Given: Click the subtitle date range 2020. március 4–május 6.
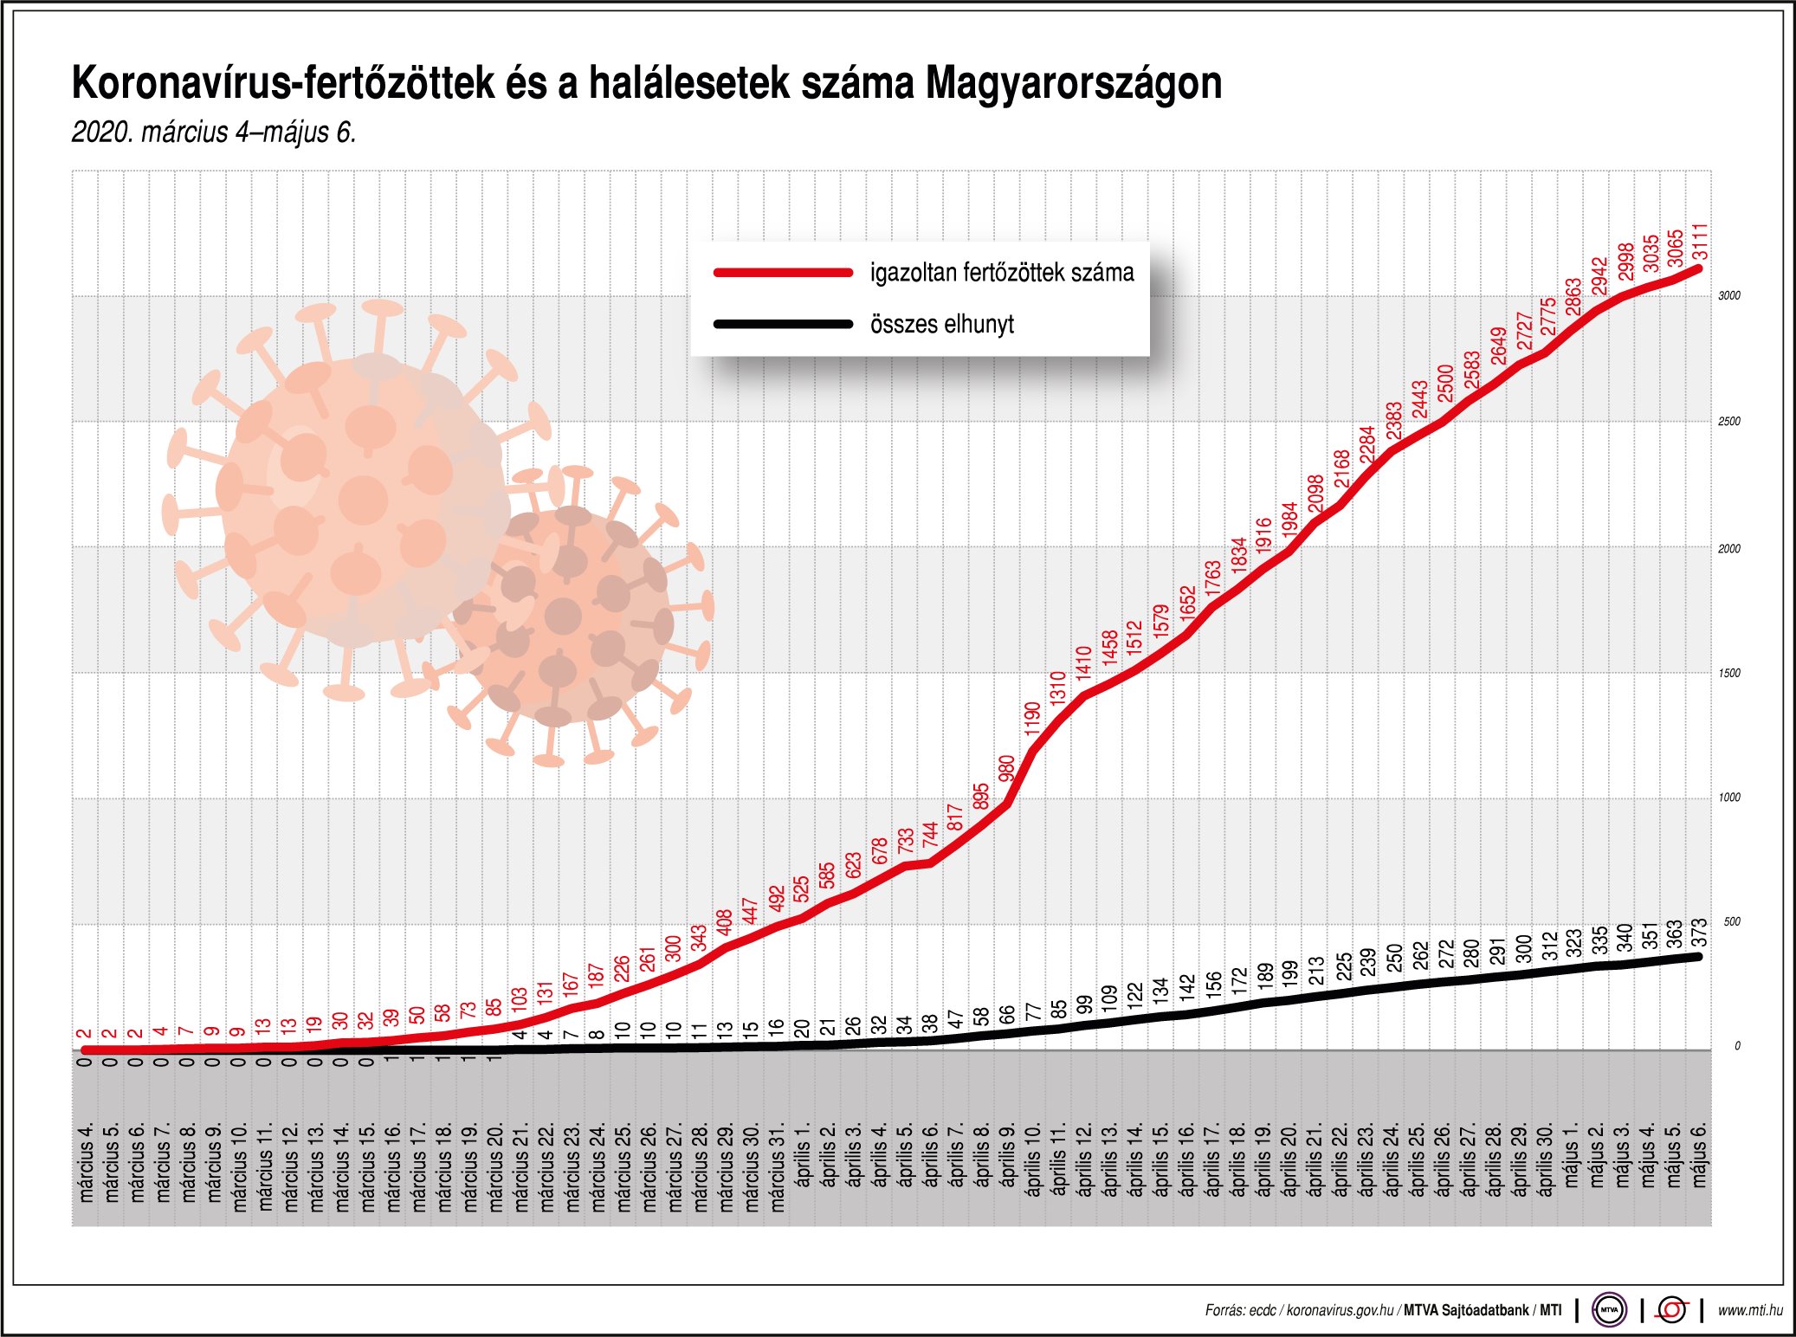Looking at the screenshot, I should [214, 132].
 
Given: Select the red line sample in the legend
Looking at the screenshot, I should [783, 273].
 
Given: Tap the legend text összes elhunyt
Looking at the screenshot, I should [941, 325].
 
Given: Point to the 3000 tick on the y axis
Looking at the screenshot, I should [1728, 296].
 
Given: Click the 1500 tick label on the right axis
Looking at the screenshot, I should [1728, 674].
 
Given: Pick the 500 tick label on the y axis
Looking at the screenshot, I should [1731, 922].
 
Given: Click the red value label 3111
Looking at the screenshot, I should [1700, 242].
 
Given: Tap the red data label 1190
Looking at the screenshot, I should [1032, 719].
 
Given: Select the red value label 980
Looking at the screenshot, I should [1006, 769].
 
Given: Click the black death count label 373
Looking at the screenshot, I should [1700, 933].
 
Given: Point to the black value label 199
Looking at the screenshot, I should [1289, 974].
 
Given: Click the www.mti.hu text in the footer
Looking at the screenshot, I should [1749, 1310].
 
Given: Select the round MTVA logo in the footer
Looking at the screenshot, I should [1609, 1310].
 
